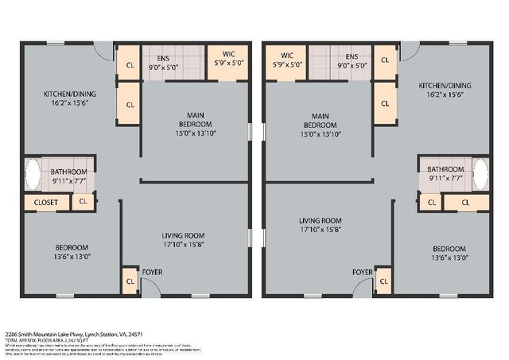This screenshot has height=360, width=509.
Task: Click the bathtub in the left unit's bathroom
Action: pos(33,175)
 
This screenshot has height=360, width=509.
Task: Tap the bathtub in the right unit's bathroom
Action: pos(480,175)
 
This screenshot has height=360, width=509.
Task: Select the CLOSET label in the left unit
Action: pos(47,202)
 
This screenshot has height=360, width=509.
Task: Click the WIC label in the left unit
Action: pos(229,54)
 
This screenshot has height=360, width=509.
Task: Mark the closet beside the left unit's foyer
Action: pos(130,281)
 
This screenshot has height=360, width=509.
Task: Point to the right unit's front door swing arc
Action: pos(362,287)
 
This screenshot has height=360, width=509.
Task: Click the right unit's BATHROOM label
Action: pos(445,169)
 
